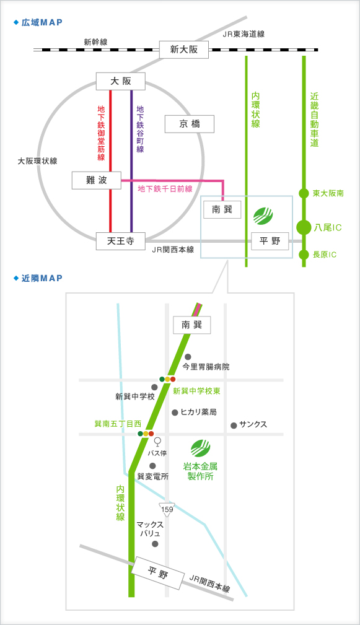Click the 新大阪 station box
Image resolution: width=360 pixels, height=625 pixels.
coord(184,50)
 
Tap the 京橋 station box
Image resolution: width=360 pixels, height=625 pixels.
coord(190,124)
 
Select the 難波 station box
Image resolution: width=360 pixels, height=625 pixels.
coord(97,180)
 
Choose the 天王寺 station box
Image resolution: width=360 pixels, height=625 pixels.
coord(120,241)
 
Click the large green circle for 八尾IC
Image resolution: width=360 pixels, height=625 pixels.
coord(304,227)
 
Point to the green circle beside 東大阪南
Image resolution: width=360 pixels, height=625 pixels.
coord(304,193)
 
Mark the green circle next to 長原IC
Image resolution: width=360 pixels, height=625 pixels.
coord(304,255)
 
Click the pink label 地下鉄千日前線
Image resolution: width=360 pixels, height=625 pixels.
coord(165,189)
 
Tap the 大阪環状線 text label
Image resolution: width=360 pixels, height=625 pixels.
coord(37,161)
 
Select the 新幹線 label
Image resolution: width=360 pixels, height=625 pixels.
coord(95,42)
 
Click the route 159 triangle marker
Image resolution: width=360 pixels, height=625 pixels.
coord(167,510)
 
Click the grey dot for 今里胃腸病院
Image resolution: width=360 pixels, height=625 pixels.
coord(188,357)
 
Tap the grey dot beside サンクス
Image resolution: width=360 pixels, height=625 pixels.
coord(234,426)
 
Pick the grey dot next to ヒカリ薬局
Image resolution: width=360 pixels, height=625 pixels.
coord(175,413)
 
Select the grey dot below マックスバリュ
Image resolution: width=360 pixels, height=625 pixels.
coord(155,544)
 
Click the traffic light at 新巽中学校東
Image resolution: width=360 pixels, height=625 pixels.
coord(167,379)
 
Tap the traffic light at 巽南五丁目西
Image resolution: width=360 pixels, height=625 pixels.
coord(146,434)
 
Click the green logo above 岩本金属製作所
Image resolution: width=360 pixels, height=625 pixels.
coord(200,448)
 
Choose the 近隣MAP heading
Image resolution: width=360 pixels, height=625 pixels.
coord(38,278)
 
